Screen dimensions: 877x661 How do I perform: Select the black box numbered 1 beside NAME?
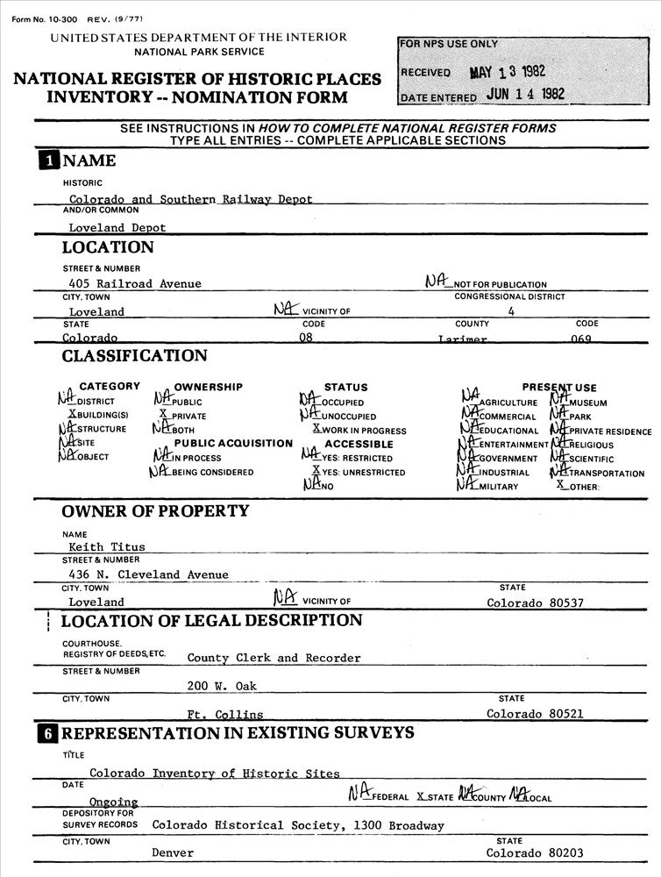(47, 160)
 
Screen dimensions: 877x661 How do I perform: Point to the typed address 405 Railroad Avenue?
(135, 283)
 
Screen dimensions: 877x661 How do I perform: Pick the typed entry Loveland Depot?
(117, 227)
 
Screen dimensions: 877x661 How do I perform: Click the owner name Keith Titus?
(107, 546)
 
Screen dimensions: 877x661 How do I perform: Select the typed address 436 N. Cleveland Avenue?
(148, 574)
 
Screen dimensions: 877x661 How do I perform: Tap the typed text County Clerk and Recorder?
(274, 658)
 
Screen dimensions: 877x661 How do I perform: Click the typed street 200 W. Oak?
(222, 686)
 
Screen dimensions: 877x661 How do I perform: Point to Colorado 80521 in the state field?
(535, 714)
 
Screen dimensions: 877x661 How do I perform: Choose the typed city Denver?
(173, 852)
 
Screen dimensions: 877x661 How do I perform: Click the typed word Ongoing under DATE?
(113, 802)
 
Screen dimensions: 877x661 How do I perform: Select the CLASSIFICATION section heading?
(134, 356)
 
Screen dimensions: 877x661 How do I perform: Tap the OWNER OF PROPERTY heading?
(155, 511)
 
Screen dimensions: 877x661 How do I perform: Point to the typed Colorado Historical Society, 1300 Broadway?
(298, 825)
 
